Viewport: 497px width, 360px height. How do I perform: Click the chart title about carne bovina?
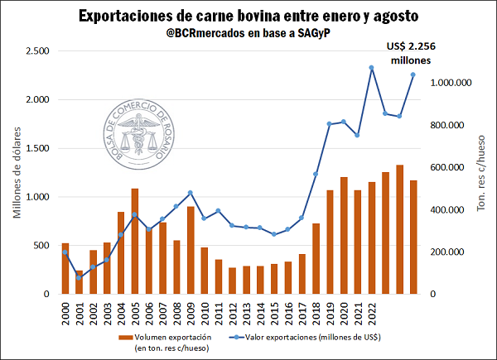click(248, 16)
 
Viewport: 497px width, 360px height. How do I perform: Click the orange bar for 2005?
click(135, 241)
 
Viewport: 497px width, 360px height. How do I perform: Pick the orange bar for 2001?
click(80, 281)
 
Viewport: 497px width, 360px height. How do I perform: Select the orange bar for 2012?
click(232, 281)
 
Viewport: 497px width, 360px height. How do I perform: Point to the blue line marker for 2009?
click(191, 193)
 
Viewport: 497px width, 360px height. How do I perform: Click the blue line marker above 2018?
click(316, 174)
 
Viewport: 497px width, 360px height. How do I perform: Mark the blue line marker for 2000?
click(65, 252)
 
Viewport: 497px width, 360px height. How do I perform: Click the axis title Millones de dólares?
click(17, 171)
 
